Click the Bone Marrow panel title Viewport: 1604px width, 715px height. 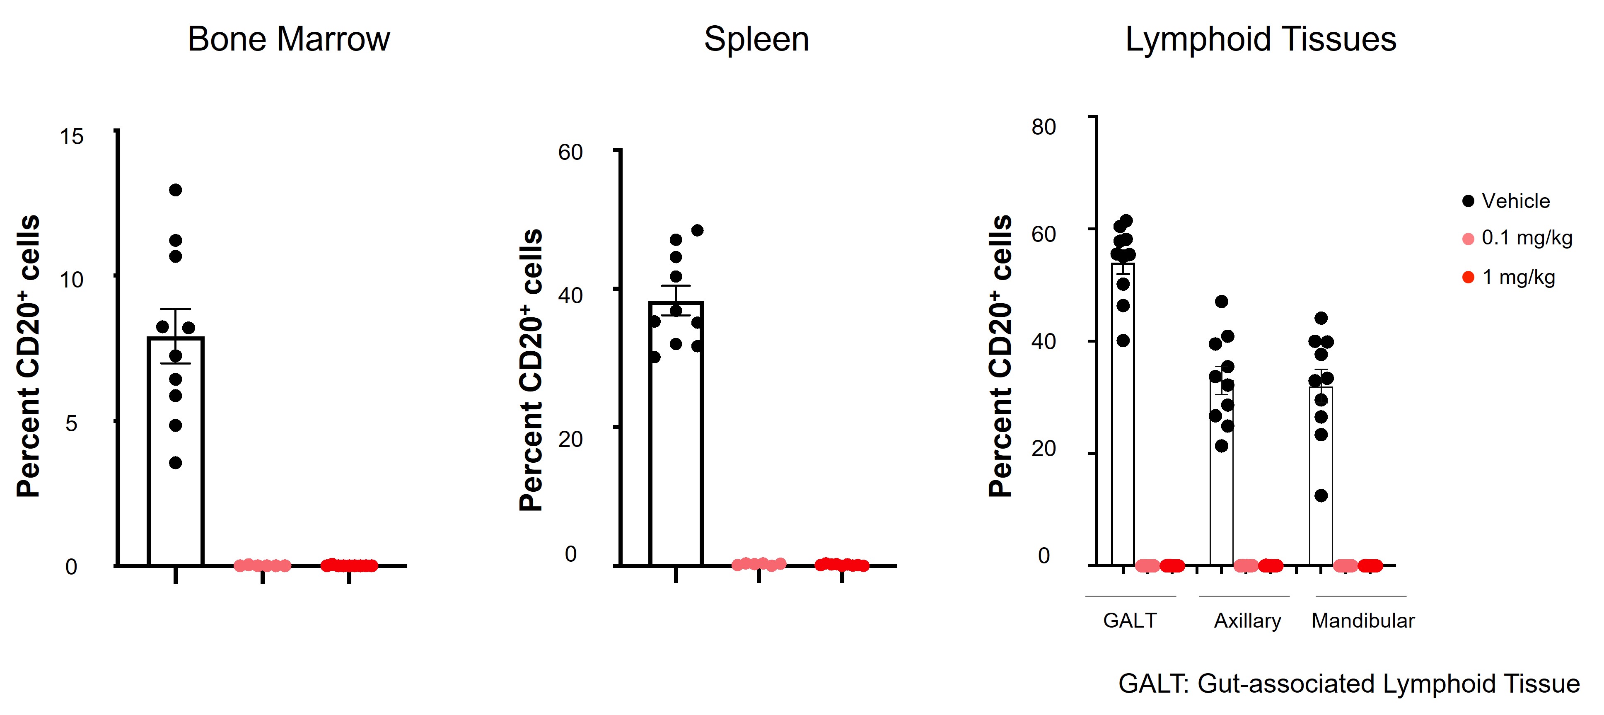click(x=288, y=39)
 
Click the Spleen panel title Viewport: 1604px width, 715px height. click(x=756, y=39)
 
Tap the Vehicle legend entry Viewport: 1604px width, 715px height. click(x=1515, y=201)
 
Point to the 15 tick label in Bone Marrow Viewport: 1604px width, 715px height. click(x=72, y=136)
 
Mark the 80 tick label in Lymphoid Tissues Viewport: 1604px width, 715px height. click(x=1044, y=127)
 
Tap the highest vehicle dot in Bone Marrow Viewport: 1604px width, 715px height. click(x=176, y=190)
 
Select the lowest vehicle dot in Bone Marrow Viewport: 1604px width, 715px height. click(x=176, y=463)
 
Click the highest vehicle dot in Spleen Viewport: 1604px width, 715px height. click(x=697, y=230)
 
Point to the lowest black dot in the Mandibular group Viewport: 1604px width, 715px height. click(x=1321, y=496)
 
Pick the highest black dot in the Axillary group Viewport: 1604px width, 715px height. click(x=1222, y=302)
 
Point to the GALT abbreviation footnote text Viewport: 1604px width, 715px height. click(x=1349, y=683)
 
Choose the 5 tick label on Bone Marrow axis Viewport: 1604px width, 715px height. click(x=72, y=423)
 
